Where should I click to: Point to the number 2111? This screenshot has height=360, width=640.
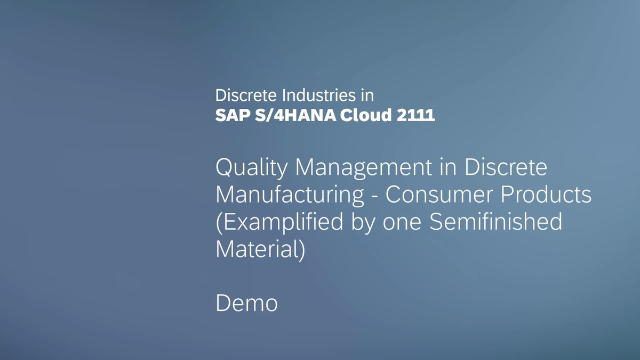pyautogui.click(x=415, y=115)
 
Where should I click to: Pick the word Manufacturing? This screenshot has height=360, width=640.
pyautogui.click(x=290, y=195)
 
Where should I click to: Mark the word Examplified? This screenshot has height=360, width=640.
pyautogui.click(x=279, y=222)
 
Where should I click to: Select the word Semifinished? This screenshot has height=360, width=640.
pyautogui.click(x=496, y=222)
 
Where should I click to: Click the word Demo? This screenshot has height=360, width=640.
pyautogui.click(x=246, y=303)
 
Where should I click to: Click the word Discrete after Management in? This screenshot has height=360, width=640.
pyautogui.click(x=506, y=169)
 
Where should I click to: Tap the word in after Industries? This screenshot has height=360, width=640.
pyautogui.click(x=366, y=95)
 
